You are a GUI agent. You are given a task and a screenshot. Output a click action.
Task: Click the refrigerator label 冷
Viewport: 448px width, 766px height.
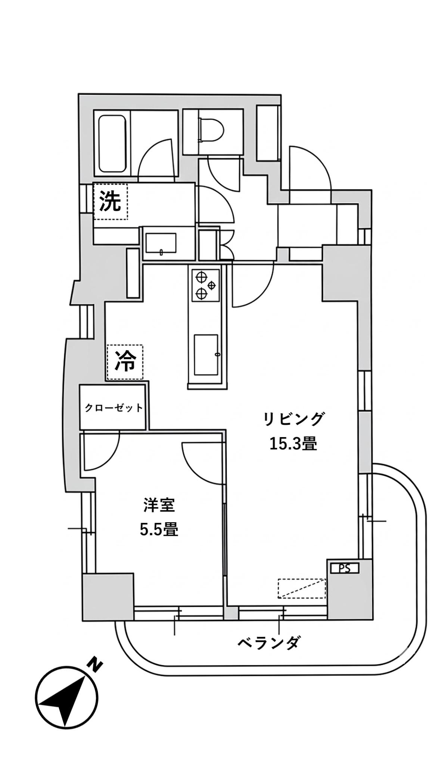coord(125,362)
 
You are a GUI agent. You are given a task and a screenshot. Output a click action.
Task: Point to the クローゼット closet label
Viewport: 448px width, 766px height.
coord(113,408)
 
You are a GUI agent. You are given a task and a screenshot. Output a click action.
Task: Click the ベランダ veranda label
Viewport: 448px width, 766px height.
coord(268,643)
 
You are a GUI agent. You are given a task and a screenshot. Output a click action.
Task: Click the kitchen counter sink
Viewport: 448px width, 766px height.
coord(206,354)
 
